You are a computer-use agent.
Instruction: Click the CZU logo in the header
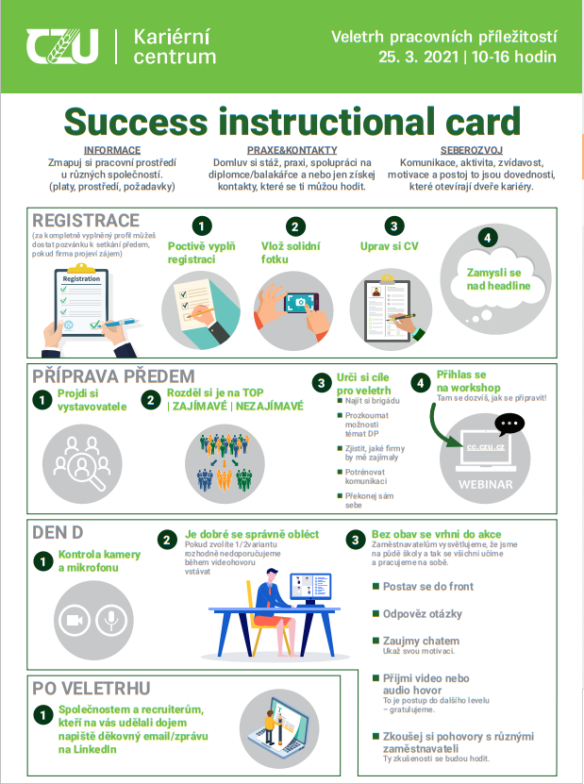(x=62, y=46)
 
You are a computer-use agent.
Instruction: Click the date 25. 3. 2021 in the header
(x=418, y=57)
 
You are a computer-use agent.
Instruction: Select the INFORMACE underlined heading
(x=112, y=150)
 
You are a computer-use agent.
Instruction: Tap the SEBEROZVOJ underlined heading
(x=471, y=150)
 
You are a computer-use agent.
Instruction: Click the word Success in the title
(x=136, y=122)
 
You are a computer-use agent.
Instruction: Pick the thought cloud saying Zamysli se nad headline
(x=495, y=279)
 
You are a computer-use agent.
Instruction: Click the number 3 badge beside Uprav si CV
(x=394, y=226)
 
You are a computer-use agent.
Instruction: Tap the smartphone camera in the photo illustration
(x=301, y=302)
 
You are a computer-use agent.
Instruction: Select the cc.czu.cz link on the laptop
(x=486, y=447)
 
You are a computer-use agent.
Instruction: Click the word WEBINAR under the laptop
(x=486, y=485)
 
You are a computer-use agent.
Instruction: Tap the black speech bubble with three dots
(x=509, y=424)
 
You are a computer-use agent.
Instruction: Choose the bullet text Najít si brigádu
(x=372, y=401)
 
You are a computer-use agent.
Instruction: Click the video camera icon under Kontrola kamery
(x=74, y=621)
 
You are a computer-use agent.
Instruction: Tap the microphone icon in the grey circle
(x=111, y=621)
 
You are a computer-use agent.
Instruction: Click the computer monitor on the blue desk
(x=310, y=588)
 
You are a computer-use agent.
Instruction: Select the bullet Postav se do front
(x=428, y=587)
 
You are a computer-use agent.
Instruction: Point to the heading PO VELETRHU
(x=91, y=689)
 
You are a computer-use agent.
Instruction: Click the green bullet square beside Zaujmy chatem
(x=376, y=641)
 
